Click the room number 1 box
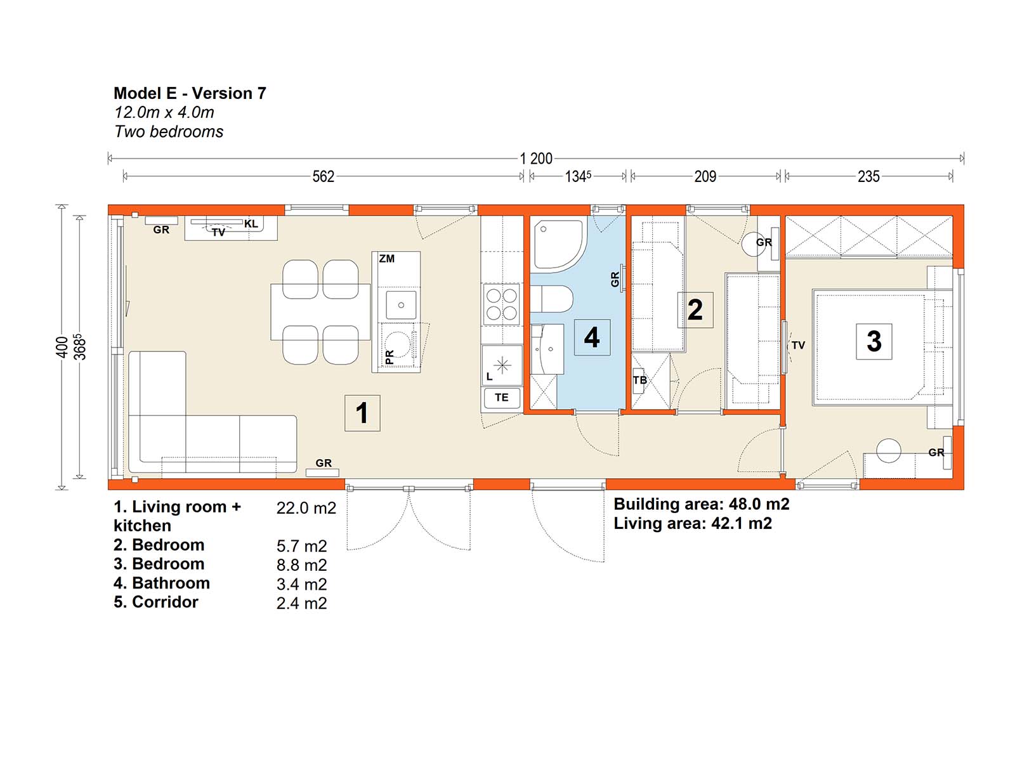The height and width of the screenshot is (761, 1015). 362,413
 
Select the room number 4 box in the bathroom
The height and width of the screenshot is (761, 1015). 592,337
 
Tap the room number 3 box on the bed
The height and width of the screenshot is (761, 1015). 874,341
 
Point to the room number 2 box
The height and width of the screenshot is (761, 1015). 695,310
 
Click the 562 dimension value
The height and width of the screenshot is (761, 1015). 324,176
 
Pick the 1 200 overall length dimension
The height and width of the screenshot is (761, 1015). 536,159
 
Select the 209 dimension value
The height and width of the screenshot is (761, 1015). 705,176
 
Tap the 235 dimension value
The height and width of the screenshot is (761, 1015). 868,176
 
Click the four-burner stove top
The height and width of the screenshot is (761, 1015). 502,304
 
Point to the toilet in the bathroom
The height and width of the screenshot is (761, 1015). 551,299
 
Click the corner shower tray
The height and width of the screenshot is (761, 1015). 559,244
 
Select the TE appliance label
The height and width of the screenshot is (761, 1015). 501,398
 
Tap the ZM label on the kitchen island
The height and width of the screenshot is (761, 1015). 386,259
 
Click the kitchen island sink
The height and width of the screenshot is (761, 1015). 401,305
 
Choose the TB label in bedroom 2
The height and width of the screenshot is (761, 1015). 639,380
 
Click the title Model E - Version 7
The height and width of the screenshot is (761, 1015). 190,93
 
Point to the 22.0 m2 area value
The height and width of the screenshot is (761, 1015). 306,508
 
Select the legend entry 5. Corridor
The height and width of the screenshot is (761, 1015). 156,602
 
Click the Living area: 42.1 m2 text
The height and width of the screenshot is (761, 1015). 693,524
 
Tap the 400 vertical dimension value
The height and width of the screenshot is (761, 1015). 62,347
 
